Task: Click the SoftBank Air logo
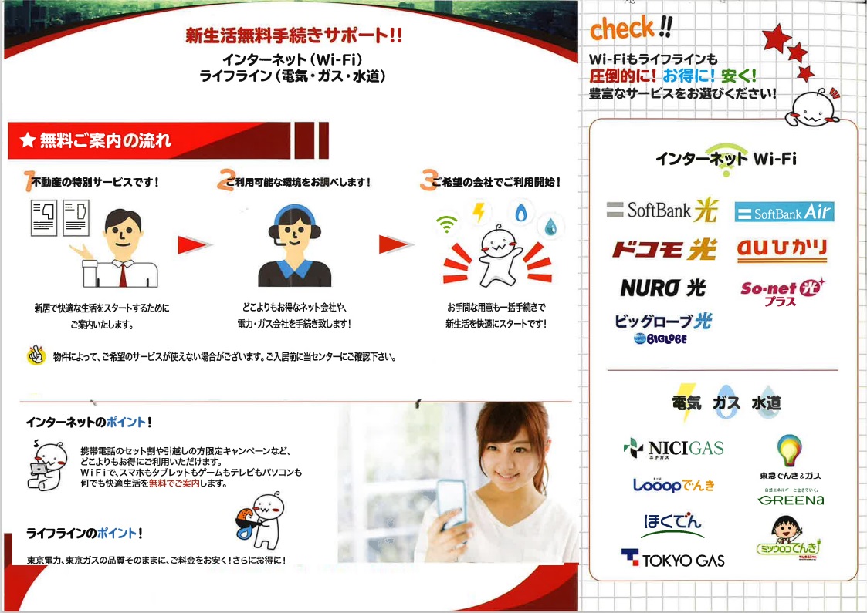pyautogui.click(x=784, y=212)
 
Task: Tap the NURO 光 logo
pyautogui.click(x=663, y=288)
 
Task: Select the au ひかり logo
pyautogui.click(x=782, y=250)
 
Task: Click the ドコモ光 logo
pyautogui.click(x=664, y=250)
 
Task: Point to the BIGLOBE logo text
pyautogui.click(x=661, y=338)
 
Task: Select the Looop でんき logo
pyautogui.click(x=673, y=485)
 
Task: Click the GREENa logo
pyautogui.click(x=791, y=499)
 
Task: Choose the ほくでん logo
pyautogui.click(x=673, y=524)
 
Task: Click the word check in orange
pyautogui.click(x=622, y=29)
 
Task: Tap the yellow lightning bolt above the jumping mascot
pyautogui.click(x=479, y=212)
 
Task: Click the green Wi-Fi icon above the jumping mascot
pyautogui.click(x=447, y=223)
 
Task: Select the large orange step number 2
pyautogui.click(x=226, y=180)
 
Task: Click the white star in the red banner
pyautogui.click(x=28, y=140)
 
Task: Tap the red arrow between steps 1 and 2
pyautogui.click(x=195, y=244)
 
